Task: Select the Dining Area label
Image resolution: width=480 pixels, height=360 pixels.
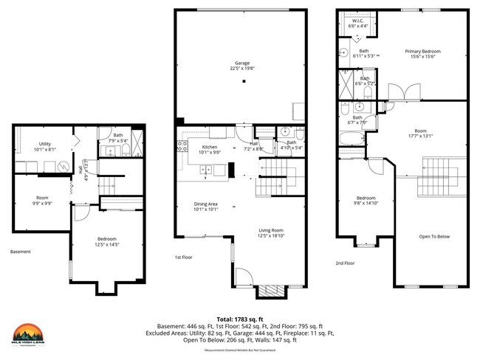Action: [x=205, y=207]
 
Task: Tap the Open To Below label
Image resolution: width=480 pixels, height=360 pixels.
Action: [x=435, y=236]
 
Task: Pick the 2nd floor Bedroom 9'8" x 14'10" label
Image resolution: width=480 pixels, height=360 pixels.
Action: [x=367, y=201]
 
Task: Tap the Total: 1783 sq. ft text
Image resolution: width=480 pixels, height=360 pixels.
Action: [x=241, y=319]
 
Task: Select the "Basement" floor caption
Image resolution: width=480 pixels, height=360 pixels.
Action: [x=21, y=252]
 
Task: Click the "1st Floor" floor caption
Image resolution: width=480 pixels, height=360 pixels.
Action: [x=184, y=257]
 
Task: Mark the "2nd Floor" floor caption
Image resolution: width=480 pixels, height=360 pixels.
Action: [x=345, y=263]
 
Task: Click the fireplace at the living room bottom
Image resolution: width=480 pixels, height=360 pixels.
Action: [x=267, y=291]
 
